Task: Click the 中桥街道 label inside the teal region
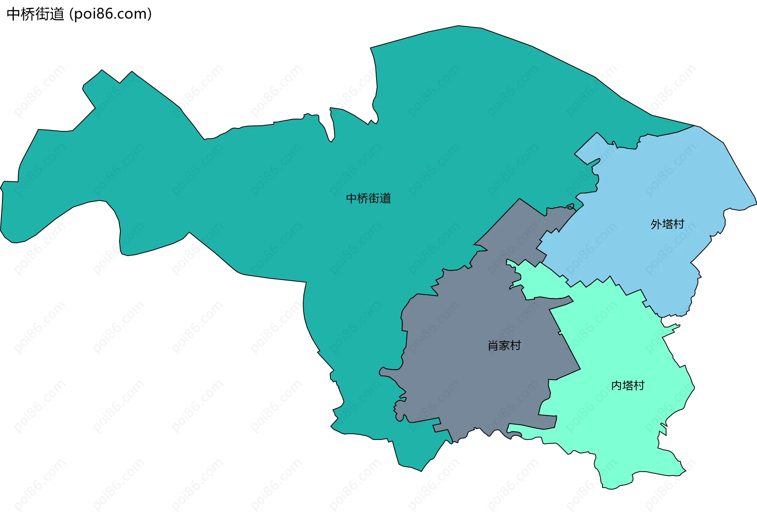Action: (368, 198)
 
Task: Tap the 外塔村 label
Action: (667, 224)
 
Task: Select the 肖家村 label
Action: (504, 346)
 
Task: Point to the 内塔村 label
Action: (628, 385)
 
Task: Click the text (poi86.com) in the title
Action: (110, 14)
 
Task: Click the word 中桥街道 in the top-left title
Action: (35, 14)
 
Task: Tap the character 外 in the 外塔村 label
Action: (656, 224)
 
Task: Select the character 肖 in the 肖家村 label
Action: (493, 346)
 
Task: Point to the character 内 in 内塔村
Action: (617, 385)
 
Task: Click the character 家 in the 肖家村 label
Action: (504, 346)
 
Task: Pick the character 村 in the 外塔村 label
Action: (679, 224)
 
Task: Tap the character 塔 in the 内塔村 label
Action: (628, 385)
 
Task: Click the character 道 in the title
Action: (57, 14)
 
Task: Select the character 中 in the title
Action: (14, 14)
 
